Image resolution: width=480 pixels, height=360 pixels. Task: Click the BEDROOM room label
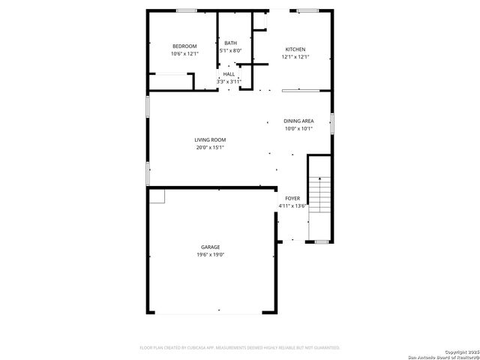[184, 46]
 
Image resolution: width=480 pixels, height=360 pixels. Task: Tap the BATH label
[230, 43]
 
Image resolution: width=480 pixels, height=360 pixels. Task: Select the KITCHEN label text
[295, 49]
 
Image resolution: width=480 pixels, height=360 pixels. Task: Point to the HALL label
[229, 73]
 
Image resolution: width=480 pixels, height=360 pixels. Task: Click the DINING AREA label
[298, 121]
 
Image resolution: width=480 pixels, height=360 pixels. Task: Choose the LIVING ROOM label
[210, 139]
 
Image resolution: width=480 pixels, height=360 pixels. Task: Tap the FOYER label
[292, 198]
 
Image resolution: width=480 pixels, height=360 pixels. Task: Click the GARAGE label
[210, 247]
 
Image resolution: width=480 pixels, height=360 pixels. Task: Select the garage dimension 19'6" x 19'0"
[210, 255]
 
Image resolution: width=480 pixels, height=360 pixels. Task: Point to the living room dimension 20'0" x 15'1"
[210, 147]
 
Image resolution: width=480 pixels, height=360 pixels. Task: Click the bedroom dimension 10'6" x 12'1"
[184, 54]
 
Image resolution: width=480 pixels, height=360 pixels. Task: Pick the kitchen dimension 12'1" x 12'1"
[295, 56]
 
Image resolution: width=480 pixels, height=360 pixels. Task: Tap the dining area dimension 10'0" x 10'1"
[298, 128]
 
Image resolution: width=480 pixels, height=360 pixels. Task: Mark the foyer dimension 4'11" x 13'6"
[292, 205]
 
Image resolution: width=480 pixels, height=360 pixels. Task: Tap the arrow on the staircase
[320, 180]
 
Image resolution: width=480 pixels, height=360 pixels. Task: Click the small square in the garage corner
[157, 196]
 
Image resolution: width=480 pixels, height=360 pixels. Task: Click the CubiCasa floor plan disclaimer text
[240, 348]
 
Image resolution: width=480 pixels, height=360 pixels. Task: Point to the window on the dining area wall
[331, 122]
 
